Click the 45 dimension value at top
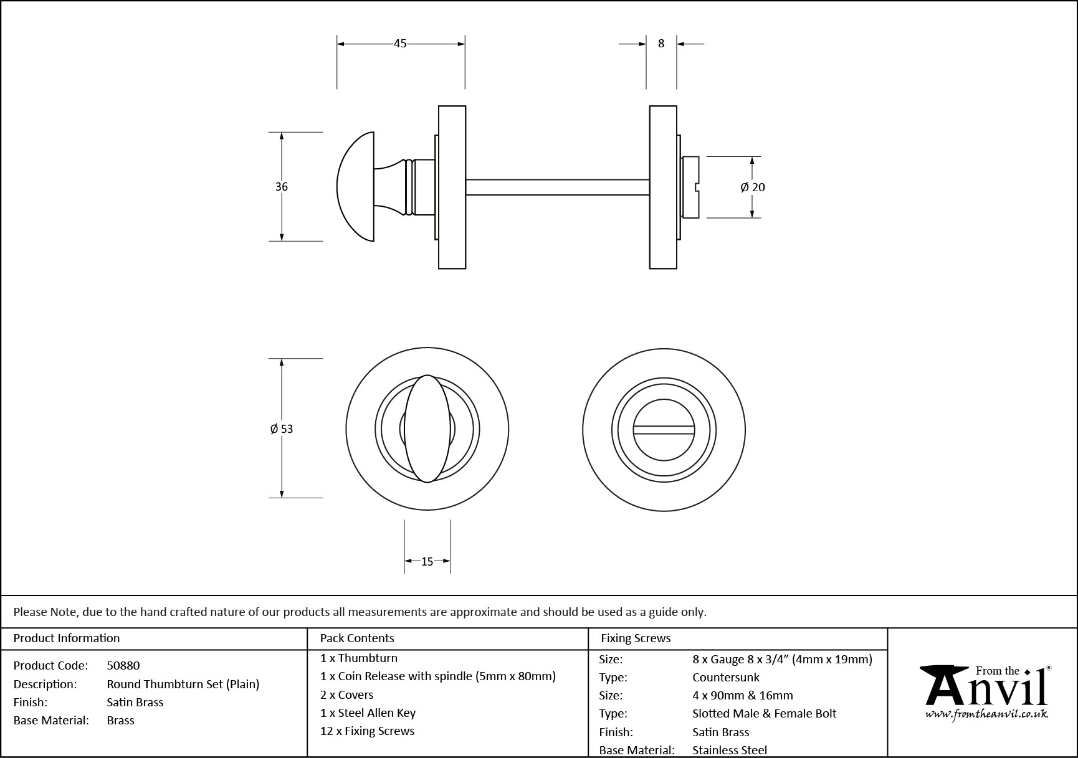click(x=400, y=44)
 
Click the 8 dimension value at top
click(x=661, y=44)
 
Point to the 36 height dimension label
click(x=282, y=187)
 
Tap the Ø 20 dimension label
click(x=753, y=187)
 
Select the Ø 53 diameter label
click(x=282, y=429)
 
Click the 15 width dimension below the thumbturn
click(x=427, y=562)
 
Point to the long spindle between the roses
click(x=558, y=187)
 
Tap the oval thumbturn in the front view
click(x=427, y=429)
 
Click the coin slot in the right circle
click(x=664, y=430)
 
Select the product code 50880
click(x=123, y=666)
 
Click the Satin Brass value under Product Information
click(x=135, y=702)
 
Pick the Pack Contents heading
click(x=357, y=638)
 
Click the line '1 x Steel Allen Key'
click(x=368, y=713)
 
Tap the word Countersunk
click(x=726, y=678)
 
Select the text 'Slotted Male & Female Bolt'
click(x=764, y=714)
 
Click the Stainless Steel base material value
click(x=730, y=751)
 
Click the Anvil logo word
click(x=985, y=690)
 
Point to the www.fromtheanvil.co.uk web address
click(x=986, y=714)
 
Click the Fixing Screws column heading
click(x=636, y=638)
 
